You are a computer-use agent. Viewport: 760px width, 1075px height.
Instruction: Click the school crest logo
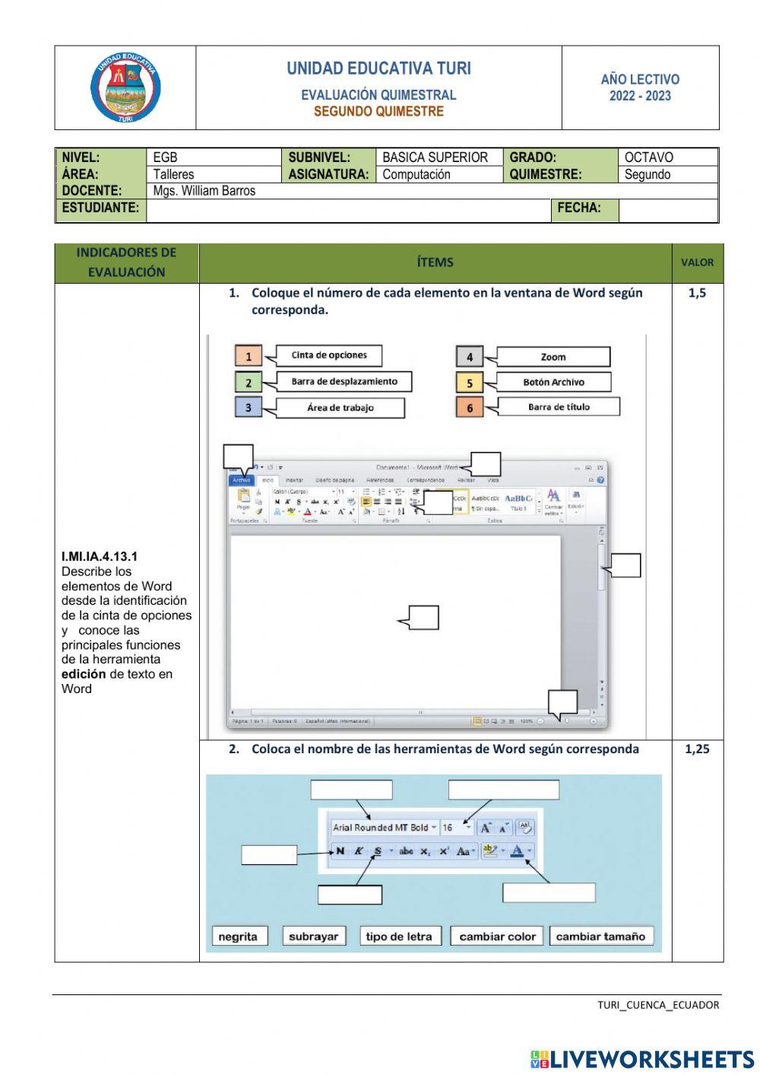tap(125, 87)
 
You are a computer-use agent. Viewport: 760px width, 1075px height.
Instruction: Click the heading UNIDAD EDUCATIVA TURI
tap(378, 68)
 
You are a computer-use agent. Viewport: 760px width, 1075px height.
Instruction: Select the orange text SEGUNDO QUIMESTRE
tap(378, 111)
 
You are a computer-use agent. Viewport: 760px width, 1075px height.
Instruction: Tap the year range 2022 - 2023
tap(640, 96)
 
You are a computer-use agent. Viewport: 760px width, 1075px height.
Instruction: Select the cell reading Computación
tap(416, 174)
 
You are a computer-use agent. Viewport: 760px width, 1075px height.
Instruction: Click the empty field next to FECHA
tap(667, 208)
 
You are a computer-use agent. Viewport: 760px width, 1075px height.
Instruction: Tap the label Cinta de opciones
tap(329, 355)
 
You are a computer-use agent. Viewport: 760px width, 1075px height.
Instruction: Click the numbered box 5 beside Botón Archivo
tap(470, 383)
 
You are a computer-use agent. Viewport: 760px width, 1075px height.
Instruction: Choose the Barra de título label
tap(559, 407)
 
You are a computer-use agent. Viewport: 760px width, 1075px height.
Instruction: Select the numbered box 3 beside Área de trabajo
tap(248, 408)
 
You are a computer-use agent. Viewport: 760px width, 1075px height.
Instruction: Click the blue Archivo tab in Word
tap(242, 480)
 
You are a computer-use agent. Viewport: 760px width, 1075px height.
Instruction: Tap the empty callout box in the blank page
tap(423, 618)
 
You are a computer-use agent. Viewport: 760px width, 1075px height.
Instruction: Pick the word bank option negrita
tap(238, 937)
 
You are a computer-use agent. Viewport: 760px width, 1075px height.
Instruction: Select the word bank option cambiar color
tap(497, 937)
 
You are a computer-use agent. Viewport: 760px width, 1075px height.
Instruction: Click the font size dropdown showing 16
tap(456, 828)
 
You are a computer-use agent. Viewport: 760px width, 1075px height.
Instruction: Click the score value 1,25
tap(697, 749)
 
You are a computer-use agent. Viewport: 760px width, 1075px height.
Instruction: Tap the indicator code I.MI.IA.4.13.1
tap(100, 557)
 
